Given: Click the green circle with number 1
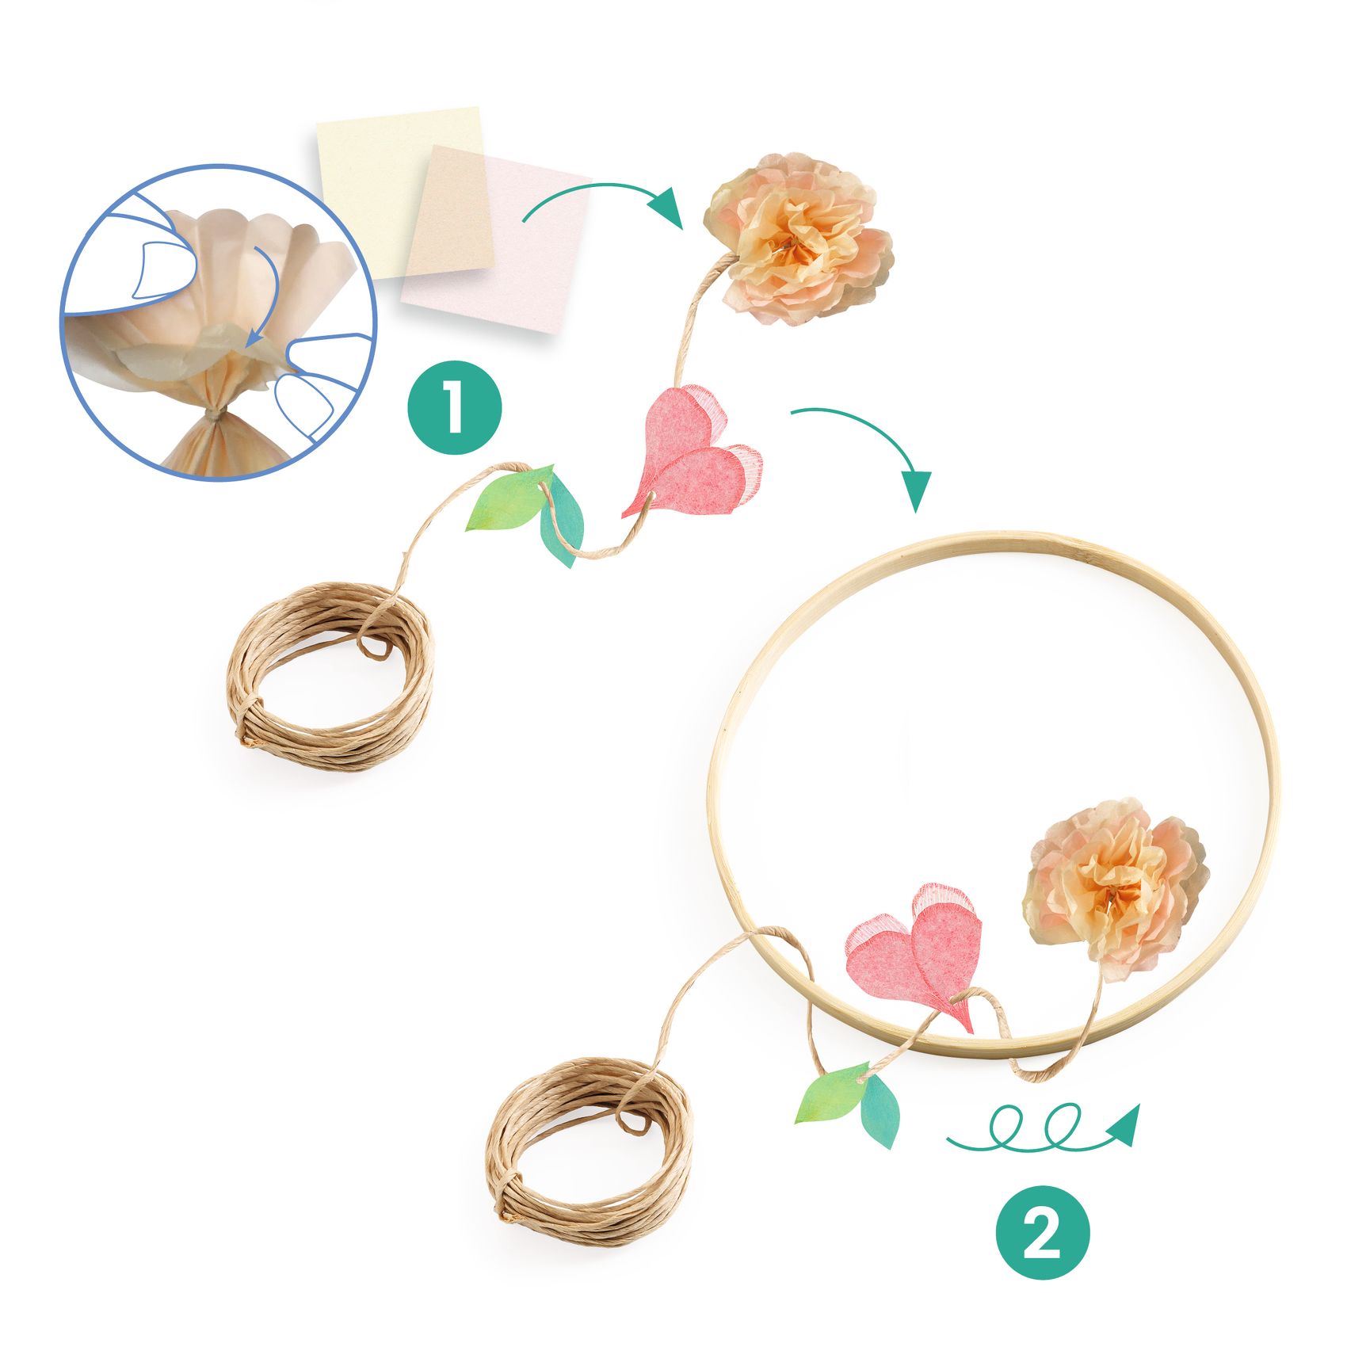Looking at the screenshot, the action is (x=454, y=408).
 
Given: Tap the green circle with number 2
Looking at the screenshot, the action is (x=1043, y=1233).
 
